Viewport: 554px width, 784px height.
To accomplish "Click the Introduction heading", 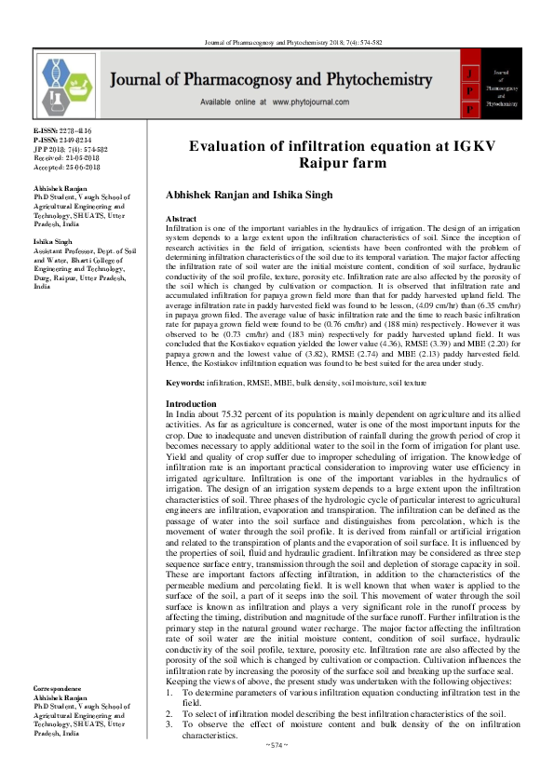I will [x=190, y=429].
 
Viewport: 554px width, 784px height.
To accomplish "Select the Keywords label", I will [x=184, y=408].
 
